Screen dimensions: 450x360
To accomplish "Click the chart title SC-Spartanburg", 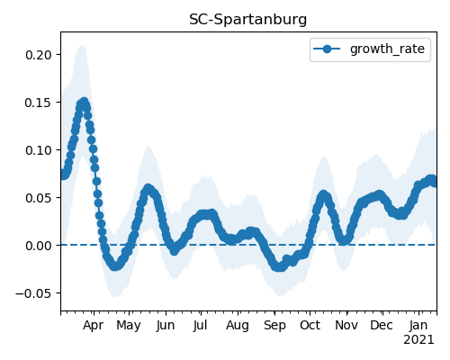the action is [247, 20].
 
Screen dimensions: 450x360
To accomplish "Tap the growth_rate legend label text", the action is [387, 49].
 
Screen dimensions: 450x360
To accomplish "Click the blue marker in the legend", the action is [327, 49].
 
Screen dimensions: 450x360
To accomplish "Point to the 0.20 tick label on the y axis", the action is [39, 55].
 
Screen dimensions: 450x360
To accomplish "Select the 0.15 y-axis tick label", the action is [39, 103].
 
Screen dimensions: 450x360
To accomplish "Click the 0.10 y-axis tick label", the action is [39, 150].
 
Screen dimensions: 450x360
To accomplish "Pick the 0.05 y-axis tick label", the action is [39, 198].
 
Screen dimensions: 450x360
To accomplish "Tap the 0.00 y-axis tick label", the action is [39, 246].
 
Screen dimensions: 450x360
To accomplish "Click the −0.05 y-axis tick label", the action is [33, 293].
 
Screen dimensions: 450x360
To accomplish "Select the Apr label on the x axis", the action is [94, 326].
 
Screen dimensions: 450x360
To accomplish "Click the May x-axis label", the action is [129, 326].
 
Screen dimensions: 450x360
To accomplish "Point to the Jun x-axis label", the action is [166, 326].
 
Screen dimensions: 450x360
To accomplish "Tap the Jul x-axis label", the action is [200, 326].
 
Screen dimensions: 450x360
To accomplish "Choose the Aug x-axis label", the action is [238, 326].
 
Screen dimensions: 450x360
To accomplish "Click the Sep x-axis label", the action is [274, 326].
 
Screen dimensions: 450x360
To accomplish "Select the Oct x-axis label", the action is [310, 325].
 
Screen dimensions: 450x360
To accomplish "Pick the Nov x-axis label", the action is [346, 325].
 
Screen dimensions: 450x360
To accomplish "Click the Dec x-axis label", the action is [382, 325].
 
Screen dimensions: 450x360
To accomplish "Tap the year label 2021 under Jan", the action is [418, 340].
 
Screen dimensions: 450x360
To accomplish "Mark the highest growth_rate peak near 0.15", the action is [85, 102].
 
